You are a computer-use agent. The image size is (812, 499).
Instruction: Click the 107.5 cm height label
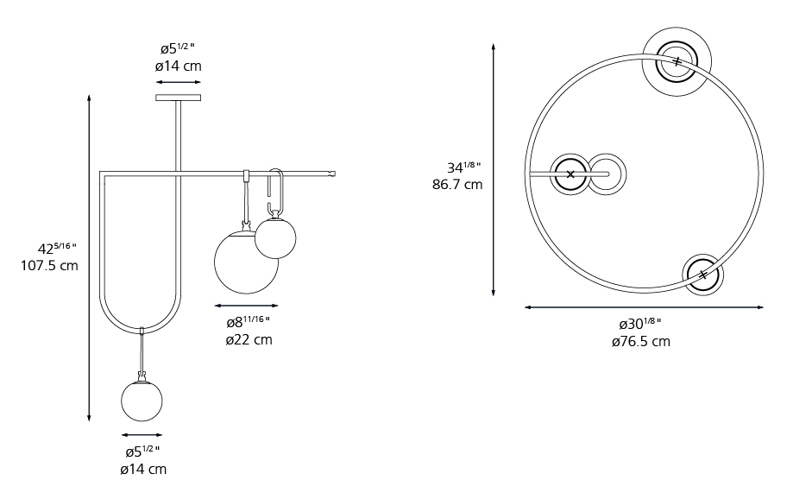click(49, 266)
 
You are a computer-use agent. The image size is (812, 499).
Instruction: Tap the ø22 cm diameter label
click(249, 340)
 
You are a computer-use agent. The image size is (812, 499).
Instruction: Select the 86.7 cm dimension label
click(457, 185)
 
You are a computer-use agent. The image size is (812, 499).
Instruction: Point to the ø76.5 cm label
click(640, 342)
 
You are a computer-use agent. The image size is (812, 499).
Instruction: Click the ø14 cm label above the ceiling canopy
click(178, 66)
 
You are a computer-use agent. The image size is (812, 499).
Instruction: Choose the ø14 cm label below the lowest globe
click(143, 470)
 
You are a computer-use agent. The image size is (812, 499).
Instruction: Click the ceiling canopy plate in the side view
click(178, 98)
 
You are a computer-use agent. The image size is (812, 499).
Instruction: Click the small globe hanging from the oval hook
click(275, 238)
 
